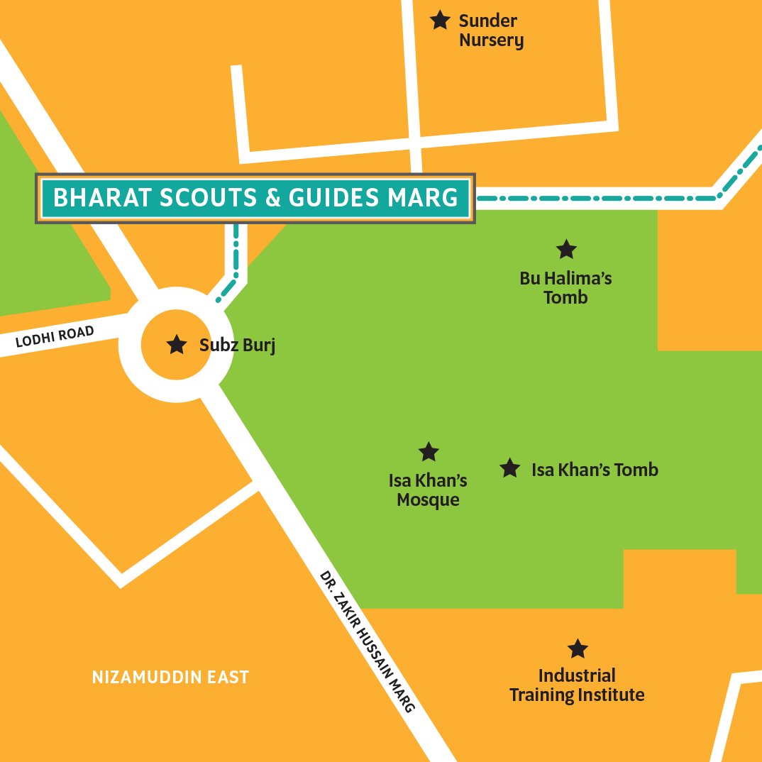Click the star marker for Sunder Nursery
(440, 20)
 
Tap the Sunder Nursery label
(491, 31)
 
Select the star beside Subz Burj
(175, 346)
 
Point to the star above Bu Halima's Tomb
(565, 249)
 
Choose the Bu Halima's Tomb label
(565, 287)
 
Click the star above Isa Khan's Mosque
(429, 451)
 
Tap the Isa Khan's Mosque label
(428, 490)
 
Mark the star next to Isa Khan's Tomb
(509, 468)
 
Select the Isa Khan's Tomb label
(595, 470)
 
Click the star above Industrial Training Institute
(578, 648)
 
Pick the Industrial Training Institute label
(577, 685)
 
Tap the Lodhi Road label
(55, 338)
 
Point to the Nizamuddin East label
(170, 678)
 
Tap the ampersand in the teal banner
(272, 198)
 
